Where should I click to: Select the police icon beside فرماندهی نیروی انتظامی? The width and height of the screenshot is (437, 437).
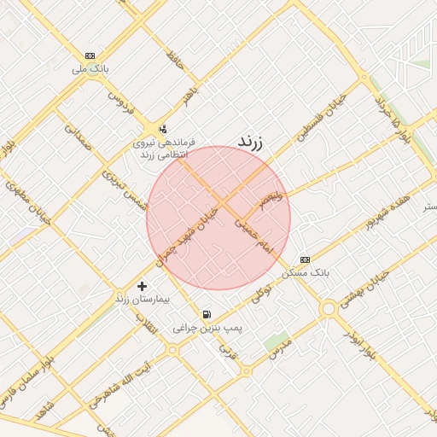point(162,129)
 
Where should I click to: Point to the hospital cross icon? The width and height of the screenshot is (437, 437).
point(142,286)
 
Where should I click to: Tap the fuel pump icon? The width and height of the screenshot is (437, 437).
point(206,314)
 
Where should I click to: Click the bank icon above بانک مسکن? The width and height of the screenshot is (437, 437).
point(305,259)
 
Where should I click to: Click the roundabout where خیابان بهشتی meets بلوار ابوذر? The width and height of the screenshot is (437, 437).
point(329,308)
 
